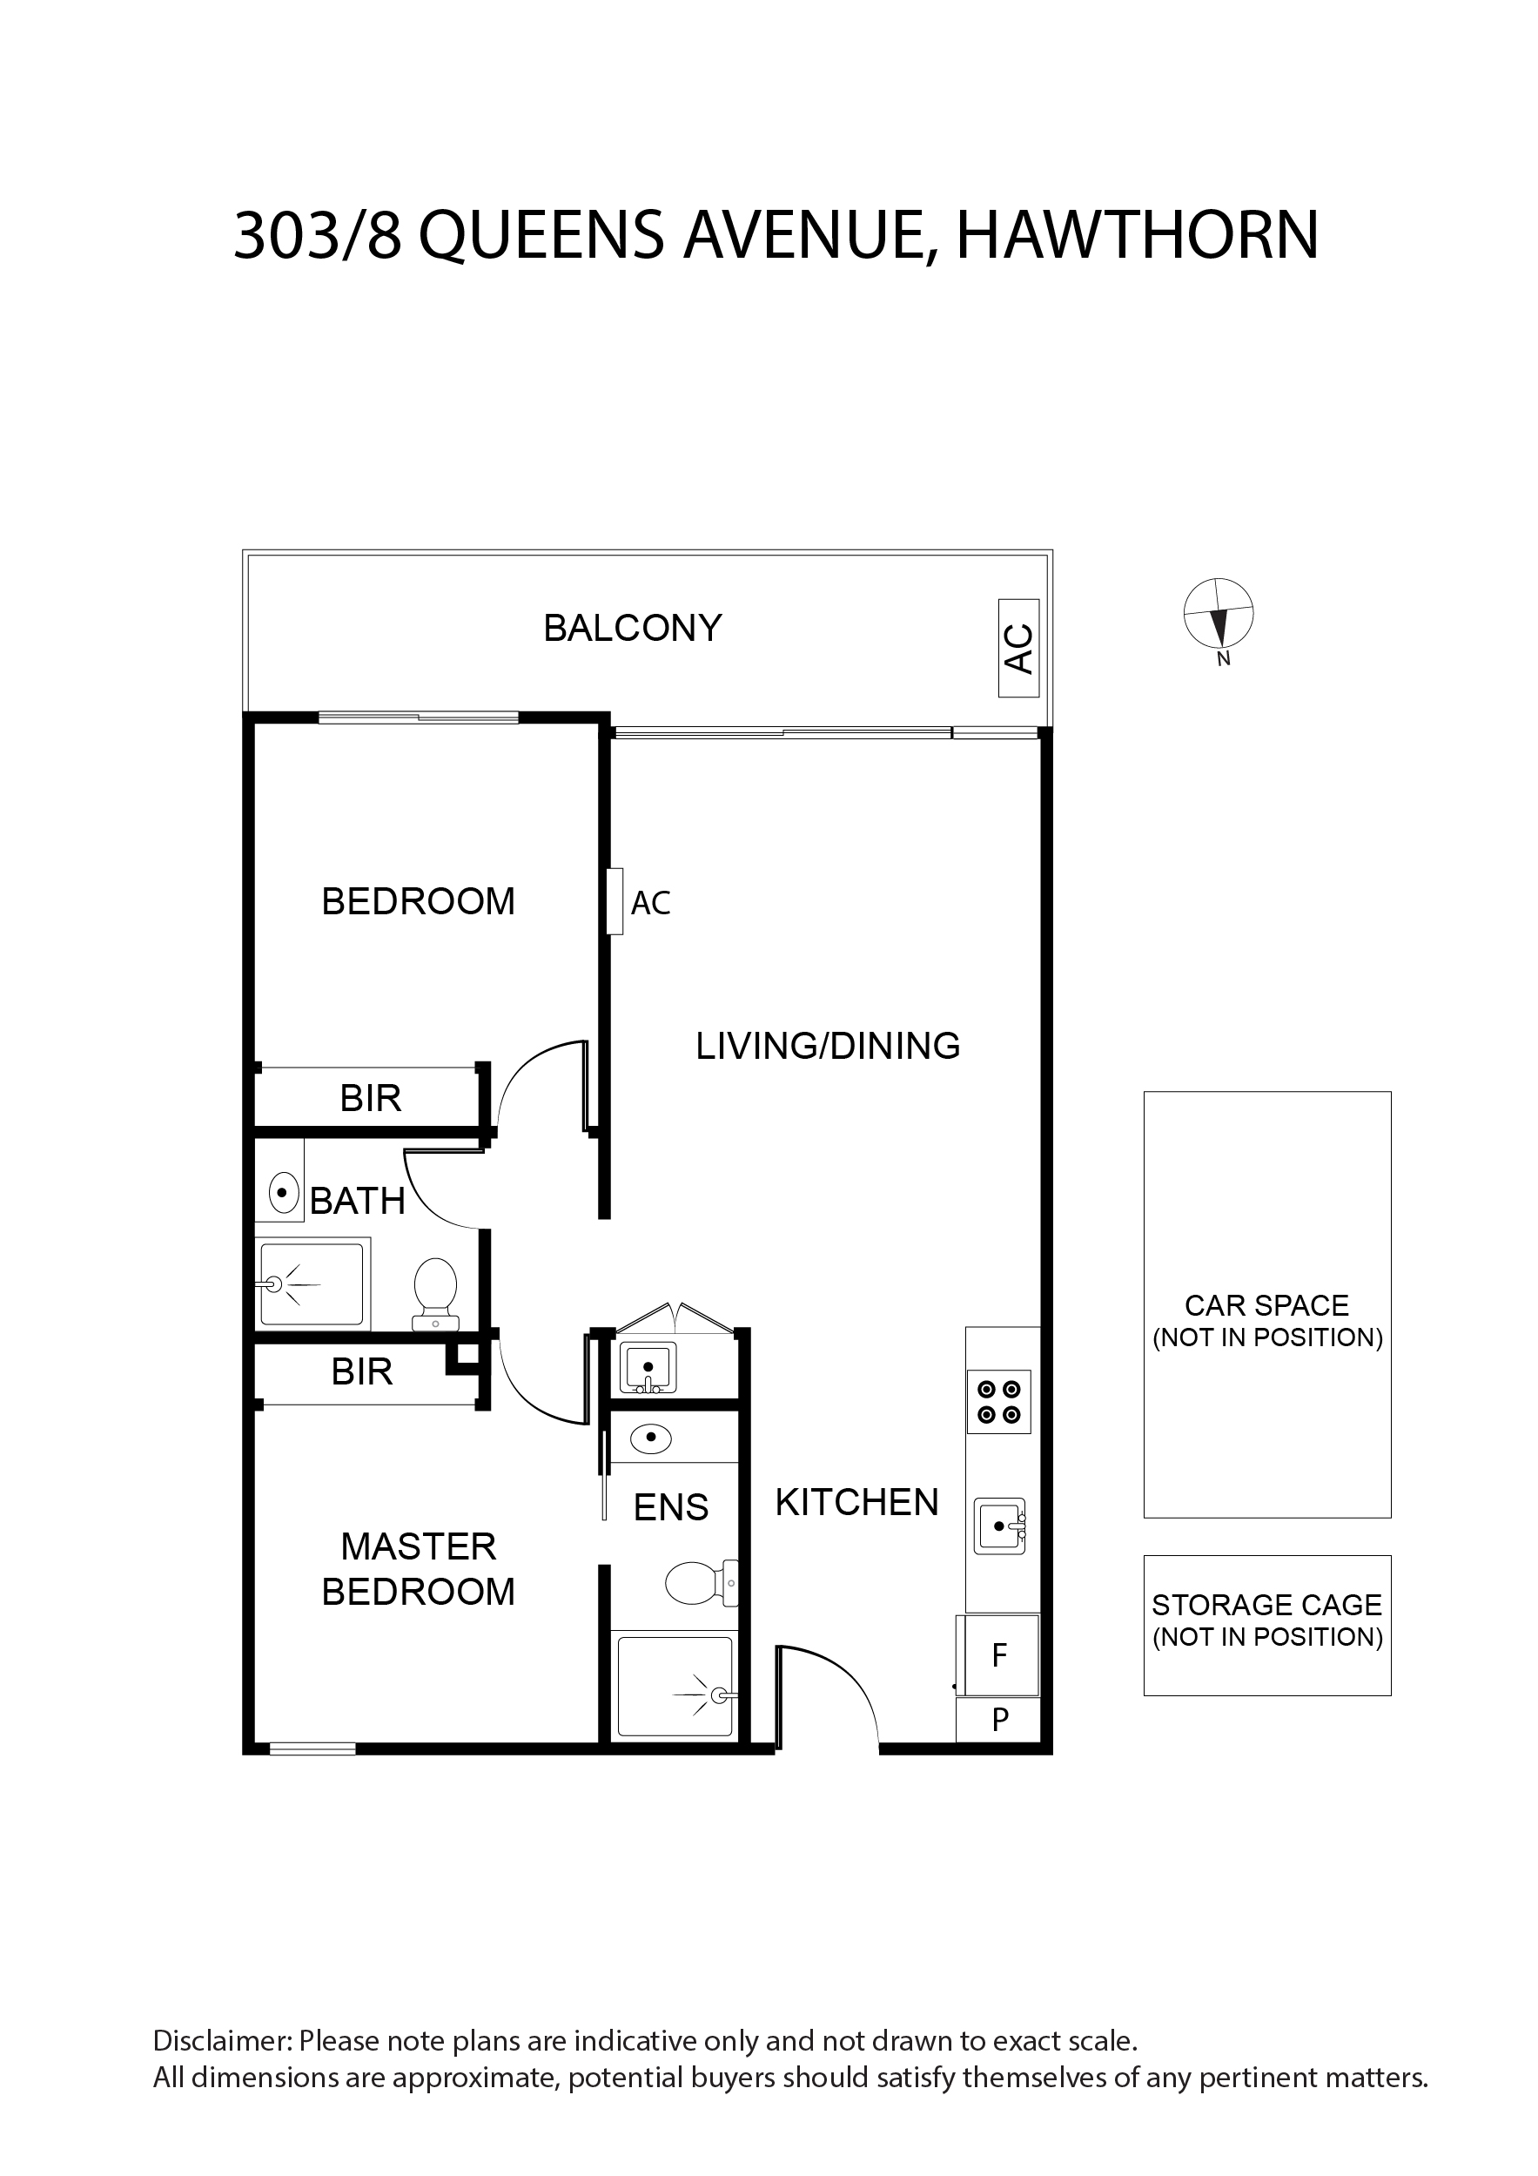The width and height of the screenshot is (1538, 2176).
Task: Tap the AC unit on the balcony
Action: point(1018,648)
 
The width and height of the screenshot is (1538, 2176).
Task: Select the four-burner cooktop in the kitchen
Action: point(999,1402)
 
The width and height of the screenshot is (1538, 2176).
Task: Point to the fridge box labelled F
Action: point(999,1654)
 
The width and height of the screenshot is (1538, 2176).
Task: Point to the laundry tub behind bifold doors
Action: point(648,1368)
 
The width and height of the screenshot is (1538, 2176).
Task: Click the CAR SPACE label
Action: point(1267,1321)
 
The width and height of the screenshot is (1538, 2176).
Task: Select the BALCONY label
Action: point(632,628)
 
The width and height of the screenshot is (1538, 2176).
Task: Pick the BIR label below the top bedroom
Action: point(371,1098)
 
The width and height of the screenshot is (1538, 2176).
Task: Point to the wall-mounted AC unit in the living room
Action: point(615,901)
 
